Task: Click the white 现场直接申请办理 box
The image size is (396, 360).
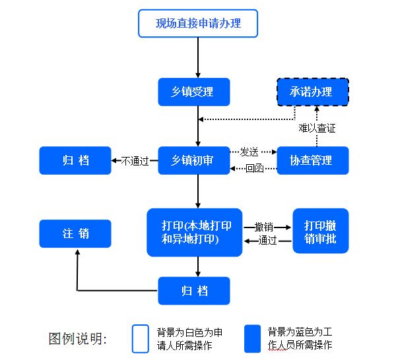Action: coord(197,24)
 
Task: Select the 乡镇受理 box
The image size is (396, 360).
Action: coord(193,92)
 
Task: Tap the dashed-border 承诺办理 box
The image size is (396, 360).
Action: coord(312,92)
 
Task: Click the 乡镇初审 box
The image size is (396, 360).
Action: coord(193,160)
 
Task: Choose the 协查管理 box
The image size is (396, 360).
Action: coord(312,160)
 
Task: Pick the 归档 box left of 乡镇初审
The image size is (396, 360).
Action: coord(75,160)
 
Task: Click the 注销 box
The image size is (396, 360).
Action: coord(75,233)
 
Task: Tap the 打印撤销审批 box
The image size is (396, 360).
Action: coord(320,232)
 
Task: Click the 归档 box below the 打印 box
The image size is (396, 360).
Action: coord(193,291)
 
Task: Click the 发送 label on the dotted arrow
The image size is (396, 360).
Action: coord(249,152)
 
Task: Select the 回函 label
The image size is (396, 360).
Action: coord(254,169)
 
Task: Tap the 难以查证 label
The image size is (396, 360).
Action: coord(317,128)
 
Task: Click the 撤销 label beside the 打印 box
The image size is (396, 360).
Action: coord(263,226)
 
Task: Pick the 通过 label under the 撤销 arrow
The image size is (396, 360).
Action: coord(267,241)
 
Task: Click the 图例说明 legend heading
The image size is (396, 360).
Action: coord(78,339)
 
